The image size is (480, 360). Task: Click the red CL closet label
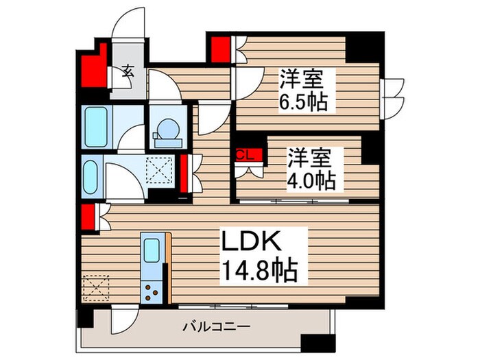point(245,155)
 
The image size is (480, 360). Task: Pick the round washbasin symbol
point(167,129)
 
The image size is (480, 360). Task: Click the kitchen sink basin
point(152,249)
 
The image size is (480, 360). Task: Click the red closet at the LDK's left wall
point(88,217)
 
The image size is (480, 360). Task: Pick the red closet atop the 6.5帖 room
point(220,49)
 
